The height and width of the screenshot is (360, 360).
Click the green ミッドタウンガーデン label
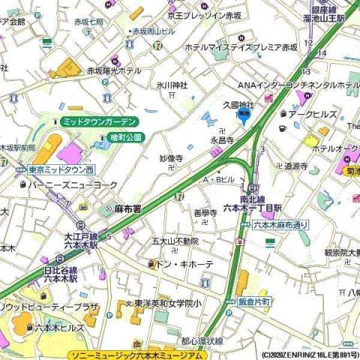(x=99, y=121)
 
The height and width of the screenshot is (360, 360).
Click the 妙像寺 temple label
(x=171, y=158)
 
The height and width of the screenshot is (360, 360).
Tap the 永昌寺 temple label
(x=222, y=140)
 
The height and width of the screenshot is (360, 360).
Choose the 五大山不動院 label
(x=175, y=241)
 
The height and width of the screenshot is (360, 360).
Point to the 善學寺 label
(x=205, y=213)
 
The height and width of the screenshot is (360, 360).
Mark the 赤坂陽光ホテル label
(x=113, y=70)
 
